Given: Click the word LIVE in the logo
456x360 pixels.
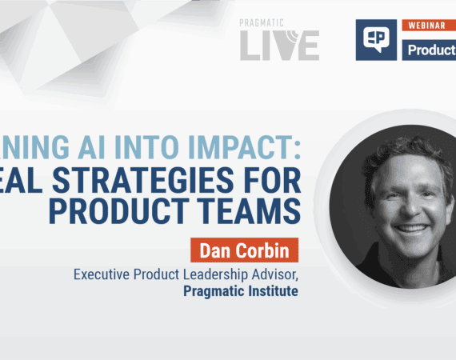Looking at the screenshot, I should pyautogui.click(x=280, y=46).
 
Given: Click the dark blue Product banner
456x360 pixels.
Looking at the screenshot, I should pyautogui.click(x=429, y=49).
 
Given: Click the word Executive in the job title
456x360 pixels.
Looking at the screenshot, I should pyautogui.click(x=104, y=274).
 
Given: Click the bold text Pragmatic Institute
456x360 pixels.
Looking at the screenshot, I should pyautogui.click(x=241, y=291).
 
